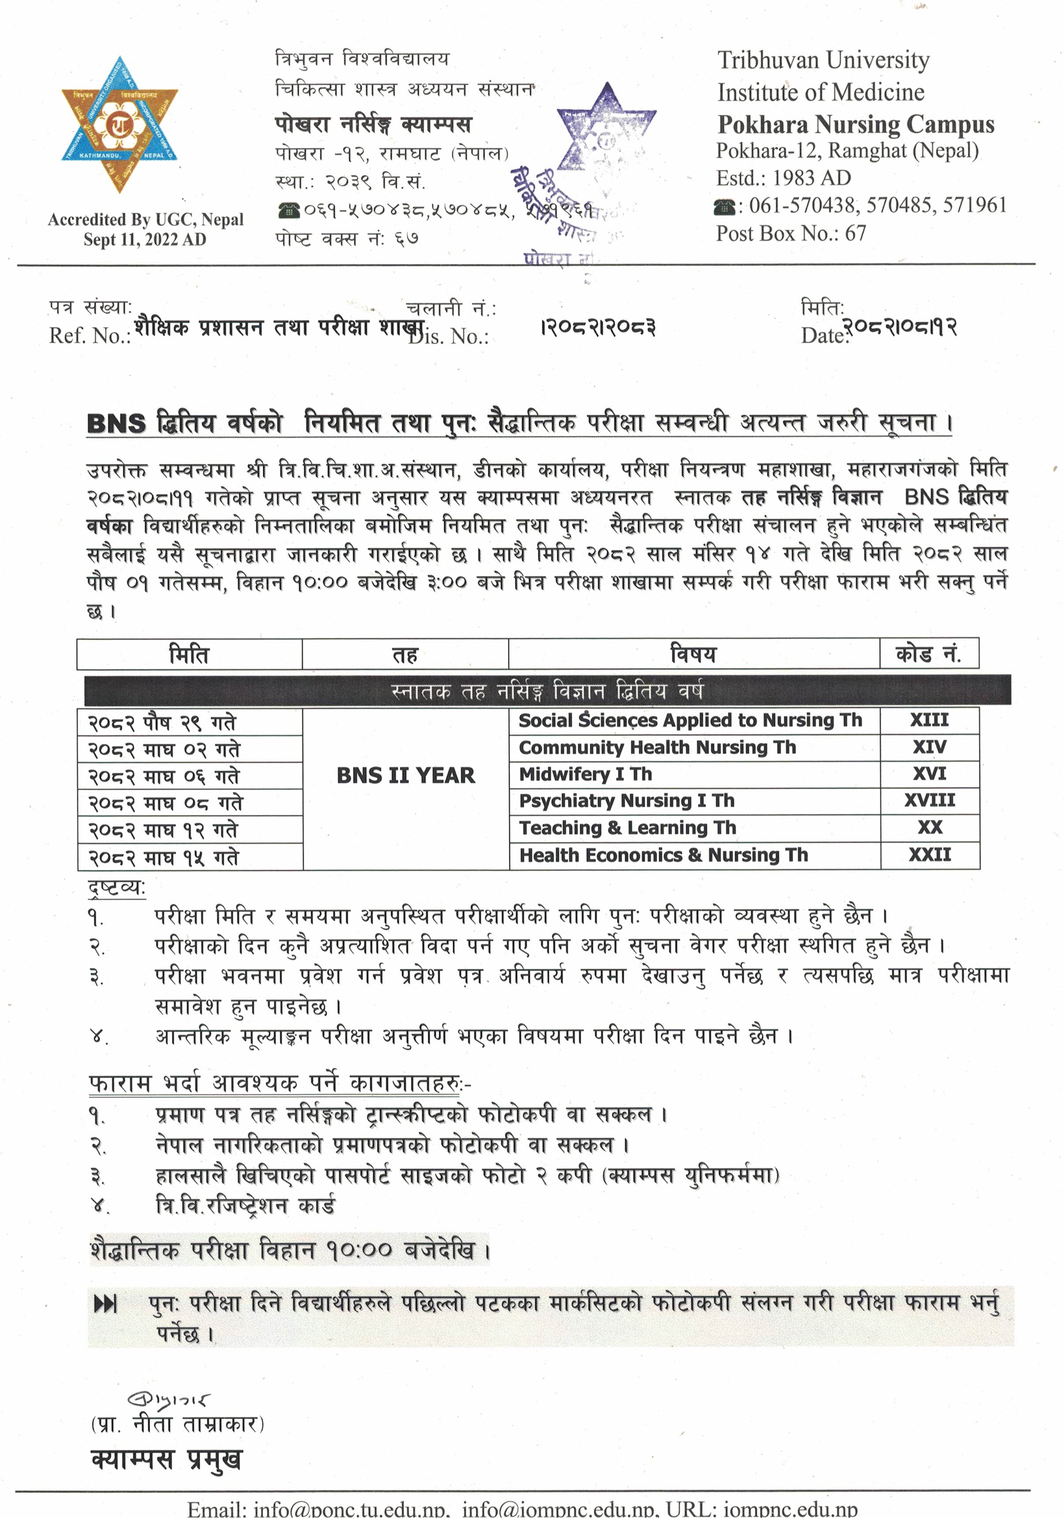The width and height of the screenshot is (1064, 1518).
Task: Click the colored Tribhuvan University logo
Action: click(120, 124)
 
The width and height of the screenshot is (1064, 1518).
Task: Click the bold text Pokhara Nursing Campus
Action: click(856, 124)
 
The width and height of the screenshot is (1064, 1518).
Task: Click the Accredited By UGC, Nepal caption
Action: click(145, 220)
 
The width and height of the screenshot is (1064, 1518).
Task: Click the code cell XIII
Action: click(929, 720)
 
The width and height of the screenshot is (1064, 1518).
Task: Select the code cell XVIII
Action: click(929, 801)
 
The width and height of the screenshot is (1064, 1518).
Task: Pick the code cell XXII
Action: click(929, 855)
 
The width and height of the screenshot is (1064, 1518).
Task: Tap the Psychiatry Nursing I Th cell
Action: click(626, 801)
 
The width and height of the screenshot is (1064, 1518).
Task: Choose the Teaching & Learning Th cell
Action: click(627, 828)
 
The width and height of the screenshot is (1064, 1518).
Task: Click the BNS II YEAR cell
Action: click(405, 776)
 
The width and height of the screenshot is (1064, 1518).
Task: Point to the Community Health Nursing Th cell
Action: click(657, 747)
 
